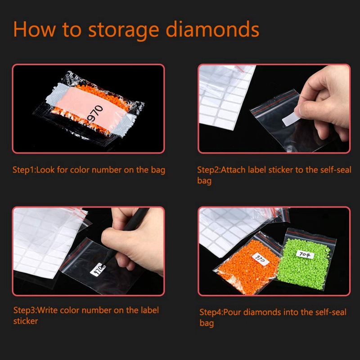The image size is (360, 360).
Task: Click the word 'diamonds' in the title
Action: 212,29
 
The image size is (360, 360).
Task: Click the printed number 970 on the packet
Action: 95,113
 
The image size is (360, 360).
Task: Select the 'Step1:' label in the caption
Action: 24,170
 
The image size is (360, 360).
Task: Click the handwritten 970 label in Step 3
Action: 98,269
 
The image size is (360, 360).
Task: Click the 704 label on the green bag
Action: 305,254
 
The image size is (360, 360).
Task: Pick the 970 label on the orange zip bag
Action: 261,259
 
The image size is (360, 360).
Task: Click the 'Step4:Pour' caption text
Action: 222,312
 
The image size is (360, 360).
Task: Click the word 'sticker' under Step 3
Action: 26,321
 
